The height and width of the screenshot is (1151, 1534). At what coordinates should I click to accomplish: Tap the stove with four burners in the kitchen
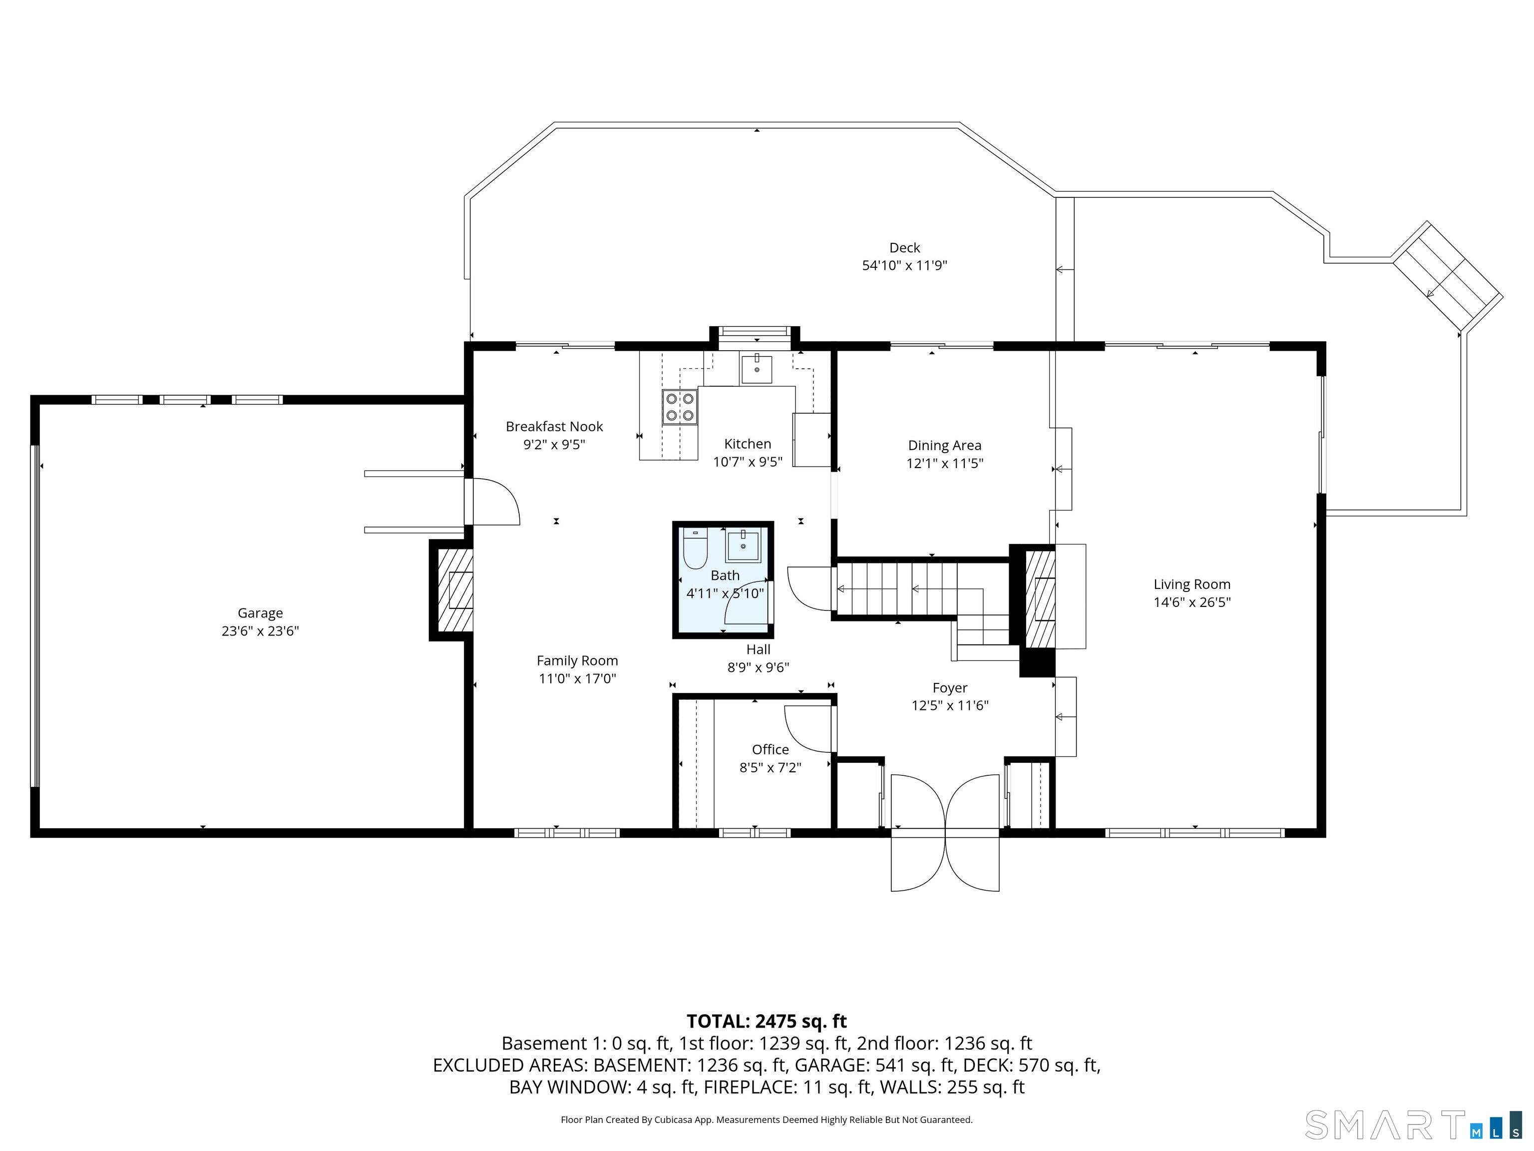680,407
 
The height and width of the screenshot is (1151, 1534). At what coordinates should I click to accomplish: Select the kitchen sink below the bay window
756,369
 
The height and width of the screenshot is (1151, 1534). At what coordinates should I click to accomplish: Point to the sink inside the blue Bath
744,545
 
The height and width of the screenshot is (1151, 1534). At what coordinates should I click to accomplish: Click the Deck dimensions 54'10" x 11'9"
904,266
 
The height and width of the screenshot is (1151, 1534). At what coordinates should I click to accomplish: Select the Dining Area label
945,446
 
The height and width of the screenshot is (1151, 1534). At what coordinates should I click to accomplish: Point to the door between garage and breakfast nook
491,502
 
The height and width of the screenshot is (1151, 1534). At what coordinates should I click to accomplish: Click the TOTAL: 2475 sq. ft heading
767,1021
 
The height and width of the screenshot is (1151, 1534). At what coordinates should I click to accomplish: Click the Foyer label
949,688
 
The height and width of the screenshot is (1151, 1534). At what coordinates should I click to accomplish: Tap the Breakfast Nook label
554,427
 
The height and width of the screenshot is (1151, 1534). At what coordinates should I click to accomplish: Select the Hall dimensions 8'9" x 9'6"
758,668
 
